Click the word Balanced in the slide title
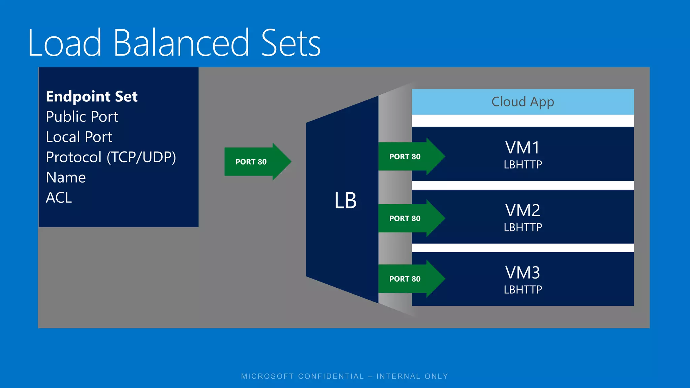(181, 43)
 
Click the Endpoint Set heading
(92, 97)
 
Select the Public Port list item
(82, 117)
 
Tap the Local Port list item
(79, 137)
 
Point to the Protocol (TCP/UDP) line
(111, 157)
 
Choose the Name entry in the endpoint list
(66, 177)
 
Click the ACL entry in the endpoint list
(59, 198)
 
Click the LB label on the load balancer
(345, 201)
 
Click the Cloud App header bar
(523, 102)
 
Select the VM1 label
(523, 148)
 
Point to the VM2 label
(523, 211)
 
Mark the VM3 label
(523, 273)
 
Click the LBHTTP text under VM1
(523, 165)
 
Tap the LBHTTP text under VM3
(523, 290)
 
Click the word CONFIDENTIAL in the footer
(331, 376)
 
